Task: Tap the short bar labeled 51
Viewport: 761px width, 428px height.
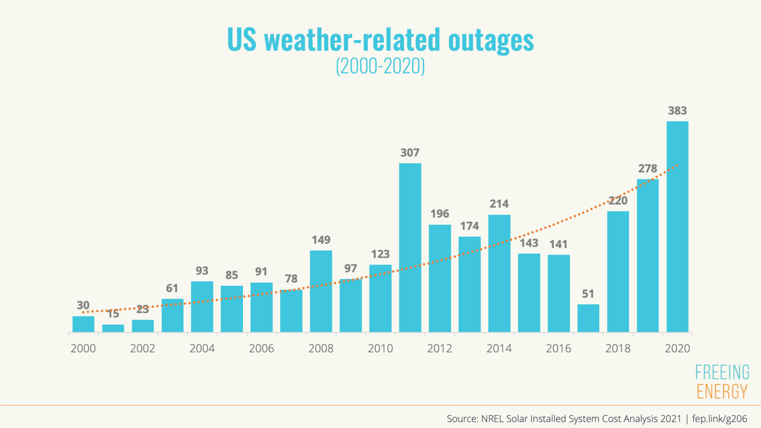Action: point(588,318)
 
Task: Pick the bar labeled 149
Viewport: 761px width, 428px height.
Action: point(321,291)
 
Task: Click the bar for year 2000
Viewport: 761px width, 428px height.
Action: point(83,324)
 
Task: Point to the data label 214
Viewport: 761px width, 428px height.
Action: point(499,204)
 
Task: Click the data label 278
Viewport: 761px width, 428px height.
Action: point(647,168)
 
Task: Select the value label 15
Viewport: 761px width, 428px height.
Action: point(113,314)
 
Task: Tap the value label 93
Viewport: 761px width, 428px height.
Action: point(202,271)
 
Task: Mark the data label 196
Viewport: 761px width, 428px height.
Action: point(439,214)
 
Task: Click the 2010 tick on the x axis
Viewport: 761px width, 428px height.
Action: point(380,349)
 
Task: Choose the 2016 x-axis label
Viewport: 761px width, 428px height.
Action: point(558,349)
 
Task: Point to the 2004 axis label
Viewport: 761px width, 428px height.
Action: point(202,349)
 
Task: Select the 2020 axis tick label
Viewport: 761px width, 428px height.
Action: point(677,349)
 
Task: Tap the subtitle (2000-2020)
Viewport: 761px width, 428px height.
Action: point(380,66)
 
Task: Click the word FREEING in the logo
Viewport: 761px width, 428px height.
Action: point(722,372)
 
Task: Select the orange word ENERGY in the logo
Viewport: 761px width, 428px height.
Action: point(722,392)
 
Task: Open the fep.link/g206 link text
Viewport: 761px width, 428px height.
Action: point(719,419)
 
